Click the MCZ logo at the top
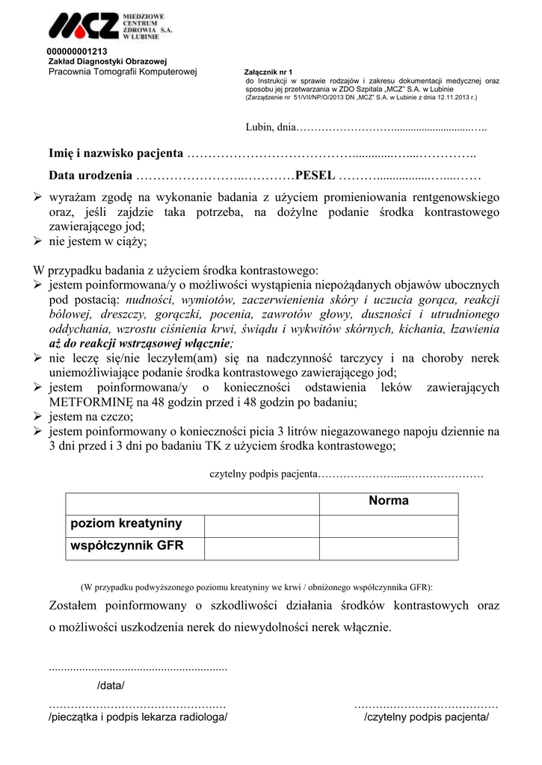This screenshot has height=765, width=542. pyautogui.click(x=105, y=27)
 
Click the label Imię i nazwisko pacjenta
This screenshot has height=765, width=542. pyautogui.click(x=116, y=154)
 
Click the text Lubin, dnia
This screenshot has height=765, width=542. pyautogui.click(x=271, y=128)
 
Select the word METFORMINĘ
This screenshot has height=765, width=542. pyautogui.click(x=92, y=402)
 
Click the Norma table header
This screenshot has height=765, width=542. pyautogui.click(x=388, y=501)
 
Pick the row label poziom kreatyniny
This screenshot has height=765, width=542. pyautogui.click(x=126, y=524)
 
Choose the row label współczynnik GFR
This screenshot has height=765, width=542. pyautogui.click(x=126, y=546)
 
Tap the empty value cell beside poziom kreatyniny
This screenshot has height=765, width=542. pyautogui.click(x=262, y=525)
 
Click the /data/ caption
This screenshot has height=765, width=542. pyautogui.click(x=111, y=686)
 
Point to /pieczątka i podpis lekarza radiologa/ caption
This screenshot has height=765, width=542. pyautogui.click(x=138, y=717)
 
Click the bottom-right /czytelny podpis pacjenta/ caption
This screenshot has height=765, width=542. pyautogui.click(x=426, y=717)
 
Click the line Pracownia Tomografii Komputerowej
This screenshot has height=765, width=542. pyautogui.click(x=122, y=71)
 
